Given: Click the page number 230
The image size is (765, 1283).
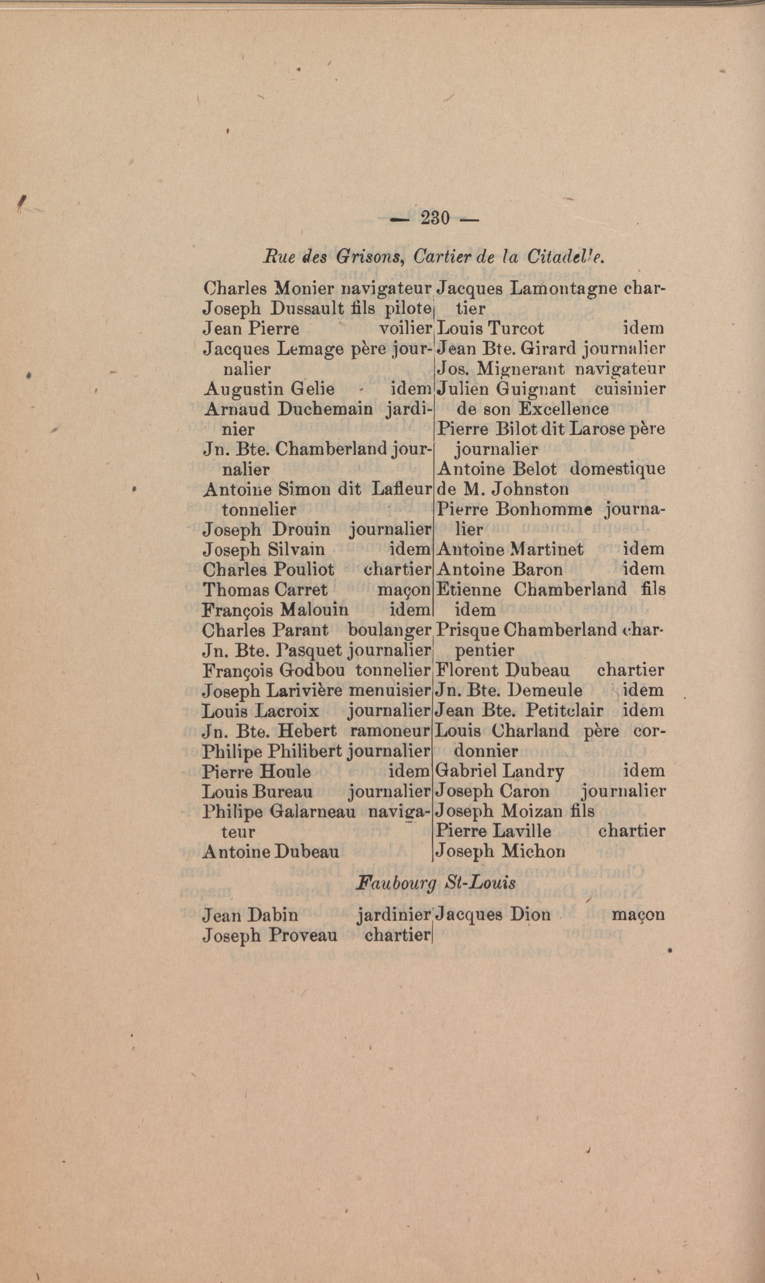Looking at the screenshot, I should coord(435,218).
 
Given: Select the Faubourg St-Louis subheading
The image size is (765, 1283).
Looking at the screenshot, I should coord(436,883).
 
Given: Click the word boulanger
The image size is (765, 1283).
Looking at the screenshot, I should coord(389,630).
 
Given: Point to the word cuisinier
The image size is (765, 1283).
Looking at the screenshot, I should coord(629,389).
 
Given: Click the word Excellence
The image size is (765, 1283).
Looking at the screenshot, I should coord(564,409).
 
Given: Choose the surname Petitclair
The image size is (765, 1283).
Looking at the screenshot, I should coord(564,710).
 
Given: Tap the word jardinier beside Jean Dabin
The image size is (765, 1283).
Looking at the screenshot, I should coord(393,915).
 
